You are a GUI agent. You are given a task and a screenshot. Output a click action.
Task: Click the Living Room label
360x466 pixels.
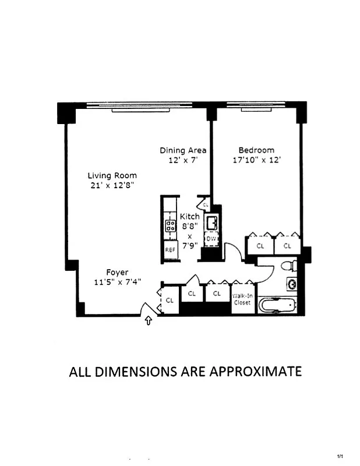[x=112, y=175]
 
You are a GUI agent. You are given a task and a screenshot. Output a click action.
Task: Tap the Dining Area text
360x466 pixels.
[x=183, y=150]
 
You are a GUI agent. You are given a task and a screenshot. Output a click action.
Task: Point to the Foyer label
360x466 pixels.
[x=117, y=272]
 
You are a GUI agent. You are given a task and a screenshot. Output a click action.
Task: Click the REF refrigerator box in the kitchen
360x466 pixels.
[x=170, y=249]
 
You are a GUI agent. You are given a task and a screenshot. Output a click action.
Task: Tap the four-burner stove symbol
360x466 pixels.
[x=171, y=226]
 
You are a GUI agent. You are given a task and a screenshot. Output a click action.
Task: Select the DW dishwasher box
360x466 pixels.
[x=211, y=239]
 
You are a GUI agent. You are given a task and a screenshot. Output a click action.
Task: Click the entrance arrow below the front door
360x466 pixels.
[x=149, y=320]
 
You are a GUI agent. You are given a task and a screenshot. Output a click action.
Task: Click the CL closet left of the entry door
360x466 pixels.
[x=170, y=301]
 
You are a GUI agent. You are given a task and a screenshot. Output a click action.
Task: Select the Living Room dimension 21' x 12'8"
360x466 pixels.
[x=112, y=186]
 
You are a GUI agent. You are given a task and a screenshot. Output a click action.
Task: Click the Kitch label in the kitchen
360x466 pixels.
[x=190, y=216]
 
